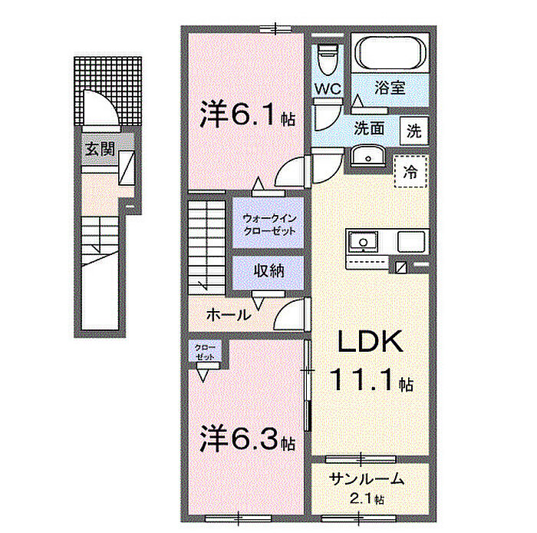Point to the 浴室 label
[x=388, y=88]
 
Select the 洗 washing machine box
[x=413, y=130]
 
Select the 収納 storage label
[x=265, y=270]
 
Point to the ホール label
[x=227, y=313]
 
